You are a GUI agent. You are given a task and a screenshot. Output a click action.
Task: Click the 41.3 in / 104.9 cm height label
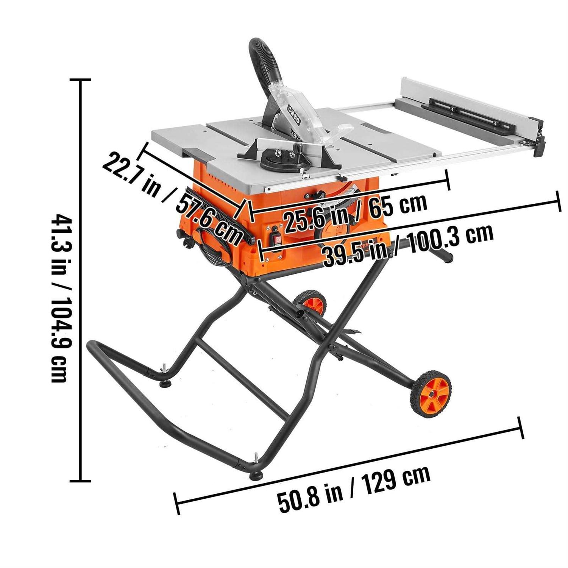click(x=61, y=298)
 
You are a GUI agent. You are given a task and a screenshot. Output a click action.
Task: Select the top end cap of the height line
click(x=80, y=80)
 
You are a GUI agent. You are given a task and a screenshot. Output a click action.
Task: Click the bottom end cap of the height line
click(x=80, y=481)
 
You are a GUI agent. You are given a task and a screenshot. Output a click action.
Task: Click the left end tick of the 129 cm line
click(x=176, y=504)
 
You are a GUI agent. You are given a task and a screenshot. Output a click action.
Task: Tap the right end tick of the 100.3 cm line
click(x=558, y=202)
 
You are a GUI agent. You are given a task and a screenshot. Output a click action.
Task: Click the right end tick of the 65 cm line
click(x=448, y=180)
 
